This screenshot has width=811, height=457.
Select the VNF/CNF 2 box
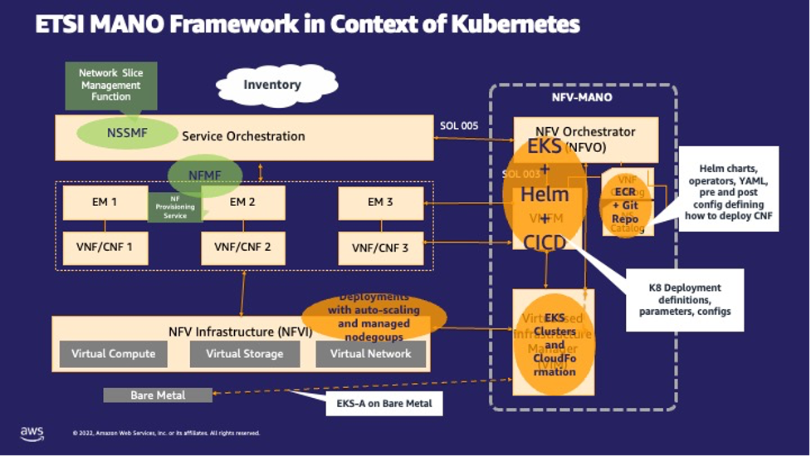click(243, 247)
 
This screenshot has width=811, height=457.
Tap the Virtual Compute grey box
click(113, 354)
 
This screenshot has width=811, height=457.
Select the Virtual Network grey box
click(370, 354)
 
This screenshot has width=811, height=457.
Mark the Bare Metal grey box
click(157, 395)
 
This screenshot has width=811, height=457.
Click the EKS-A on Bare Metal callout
click(384, 405)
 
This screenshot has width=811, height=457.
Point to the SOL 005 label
click(459, 125)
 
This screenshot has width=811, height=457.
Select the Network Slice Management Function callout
click(110, 85)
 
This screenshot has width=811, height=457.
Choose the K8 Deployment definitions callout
click(685, 299)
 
